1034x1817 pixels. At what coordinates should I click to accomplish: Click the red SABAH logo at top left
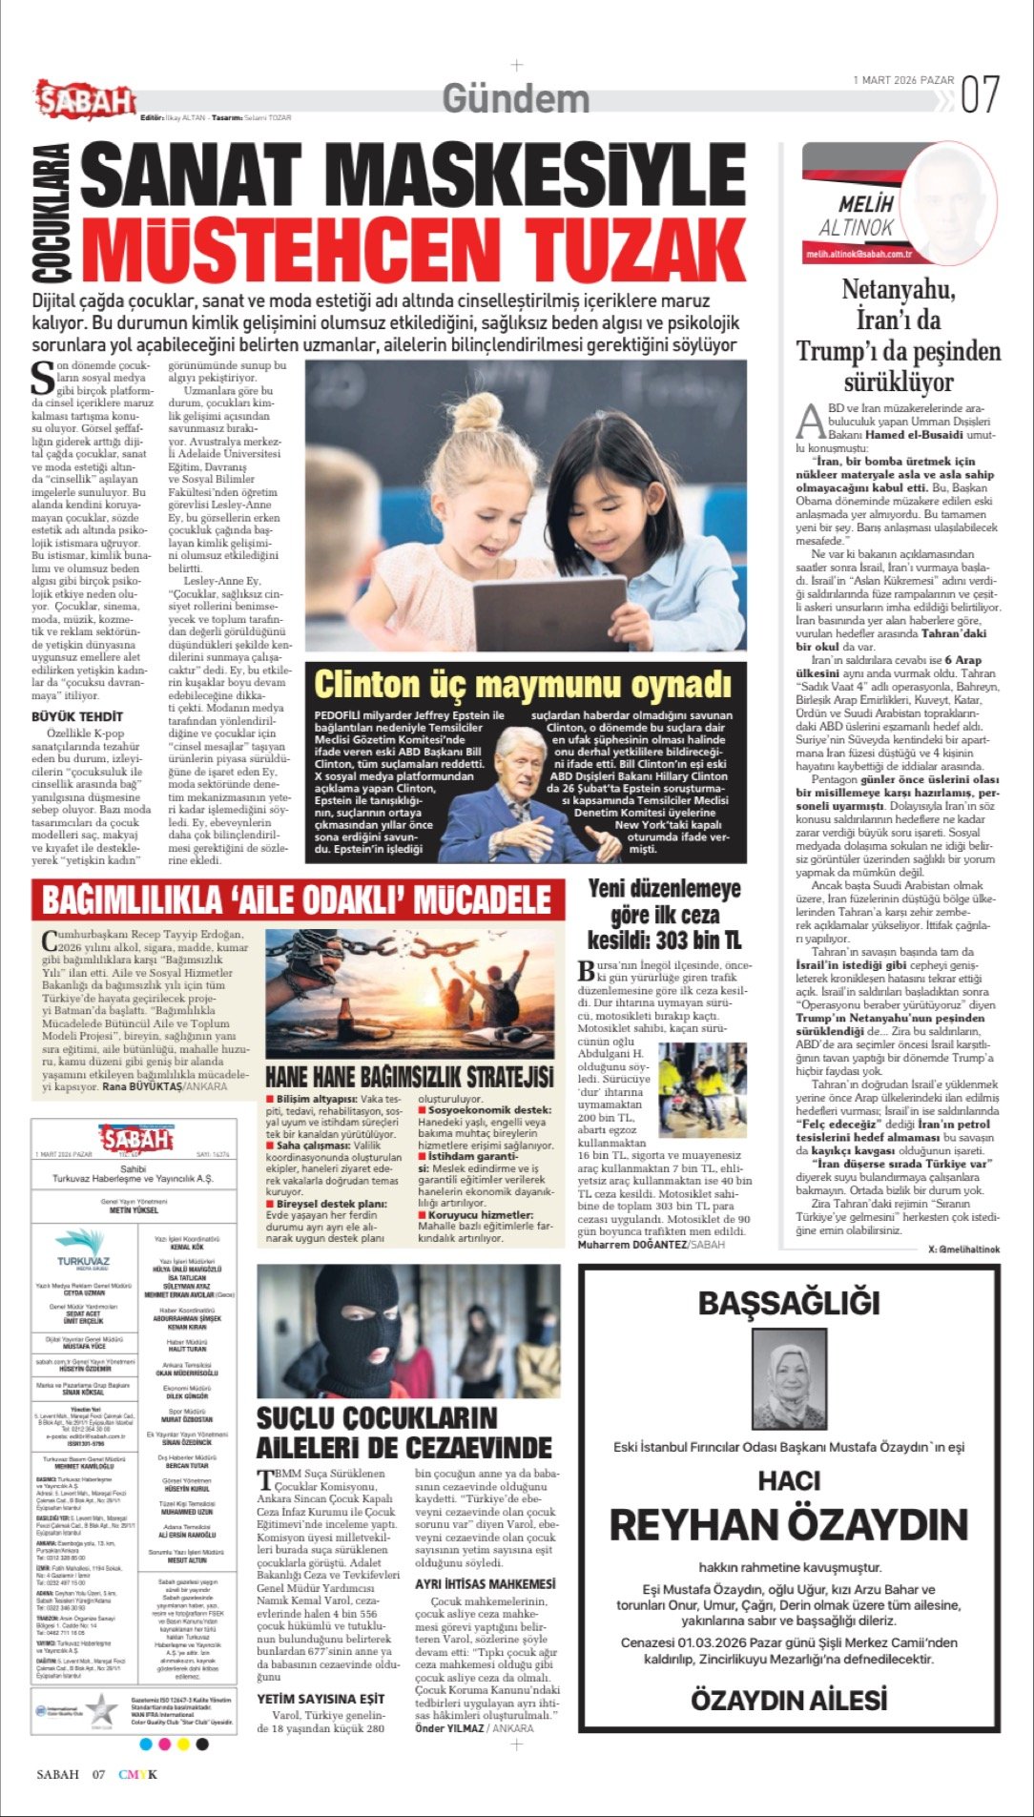click(x=86, y=100)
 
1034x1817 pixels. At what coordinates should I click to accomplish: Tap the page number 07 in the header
click(x=980, y=95)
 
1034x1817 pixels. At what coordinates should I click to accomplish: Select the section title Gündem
click(x=516, y=99)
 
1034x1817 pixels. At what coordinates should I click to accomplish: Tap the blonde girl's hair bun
click(x=477, y=411)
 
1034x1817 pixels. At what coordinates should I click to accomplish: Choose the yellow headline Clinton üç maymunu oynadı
click(x=523, y=685)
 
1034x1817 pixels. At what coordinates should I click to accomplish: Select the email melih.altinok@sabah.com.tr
click(x=858, y=255)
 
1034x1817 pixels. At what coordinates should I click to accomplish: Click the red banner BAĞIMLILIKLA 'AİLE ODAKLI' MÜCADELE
click(x=297, y=899)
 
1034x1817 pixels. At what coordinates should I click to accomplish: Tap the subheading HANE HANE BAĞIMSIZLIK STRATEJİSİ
click(x=408, y=1076)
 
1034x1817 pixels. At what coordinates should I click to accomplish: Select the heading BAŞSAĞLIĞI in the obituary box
click(x=789, y=1303)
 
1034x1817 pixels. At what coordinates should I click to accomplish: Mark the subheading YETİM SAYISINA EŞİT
click(x=321, y=1698)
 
